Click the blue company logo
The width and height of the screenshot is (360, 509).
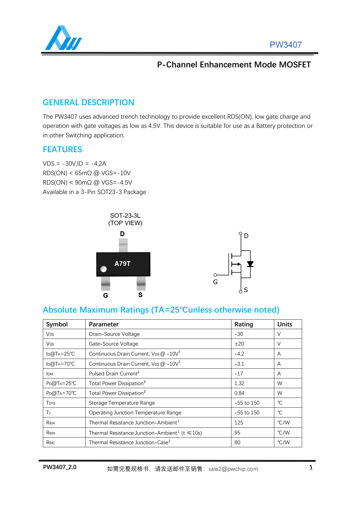[63, 38]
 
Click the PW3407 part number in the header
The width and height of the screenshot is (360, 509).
[285, 45]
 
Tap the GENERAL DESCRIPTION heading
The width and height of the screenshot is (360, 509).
[88, 103]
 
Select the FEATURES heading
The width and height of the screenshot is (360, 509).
[62, 149]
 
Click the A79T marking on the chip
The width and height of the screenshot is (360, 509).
[122, 264]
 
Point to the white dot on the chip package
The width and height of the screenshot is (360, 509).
[103, 269]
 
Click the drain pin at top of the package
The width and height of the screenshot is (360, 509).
[123, 245]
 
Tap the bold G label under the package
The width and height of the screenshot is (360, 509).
[106, 295]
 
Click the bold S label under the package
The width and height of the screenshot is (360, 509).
[140, 295]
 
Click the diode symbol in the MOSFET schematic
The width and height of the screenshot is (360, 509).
[250, 264]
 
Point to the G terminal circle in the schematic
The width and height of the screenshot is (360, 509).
[215, 275]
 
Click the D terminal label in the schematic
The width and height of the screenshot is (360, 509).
[246, 236]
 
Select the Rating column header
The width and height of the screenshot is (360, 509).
[244, 324]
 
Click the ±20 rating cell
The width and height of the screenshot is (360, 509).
[239, 344]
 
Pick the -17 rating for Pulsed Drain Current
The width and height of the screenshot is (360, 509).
[239, 374]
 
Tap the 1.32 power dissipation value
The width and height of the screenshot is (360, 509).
[239, 383]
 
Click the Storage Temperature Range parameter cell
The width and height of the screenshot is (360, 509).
[122, 403]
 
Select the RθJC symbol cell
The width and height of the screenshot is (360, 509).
[51, 443]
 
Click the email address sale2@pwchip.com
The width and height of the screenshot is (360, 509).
[233, 469]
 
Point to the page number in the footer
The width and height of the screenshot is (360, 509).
[311, 467]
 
